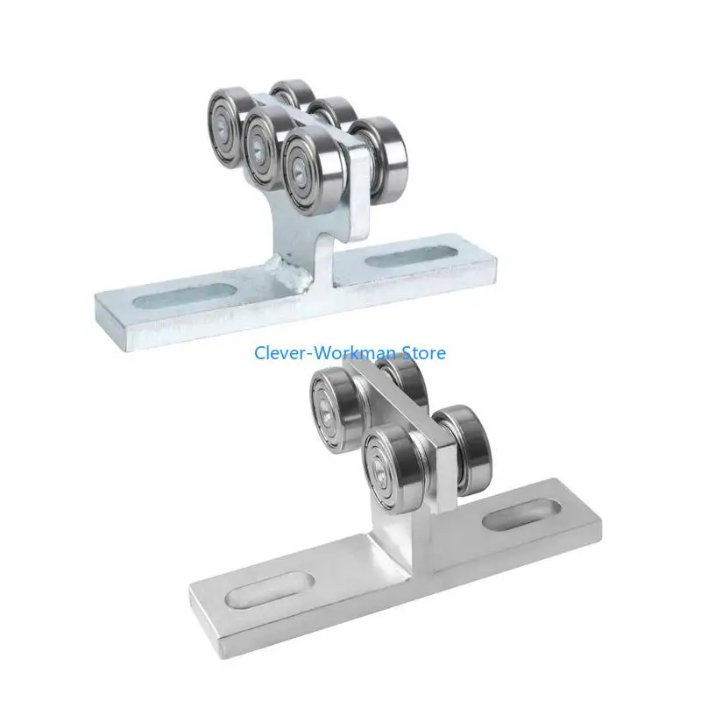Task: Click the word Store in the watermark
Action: (423, 353)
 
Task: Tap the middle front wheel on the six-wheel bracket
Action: (266, 139)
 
